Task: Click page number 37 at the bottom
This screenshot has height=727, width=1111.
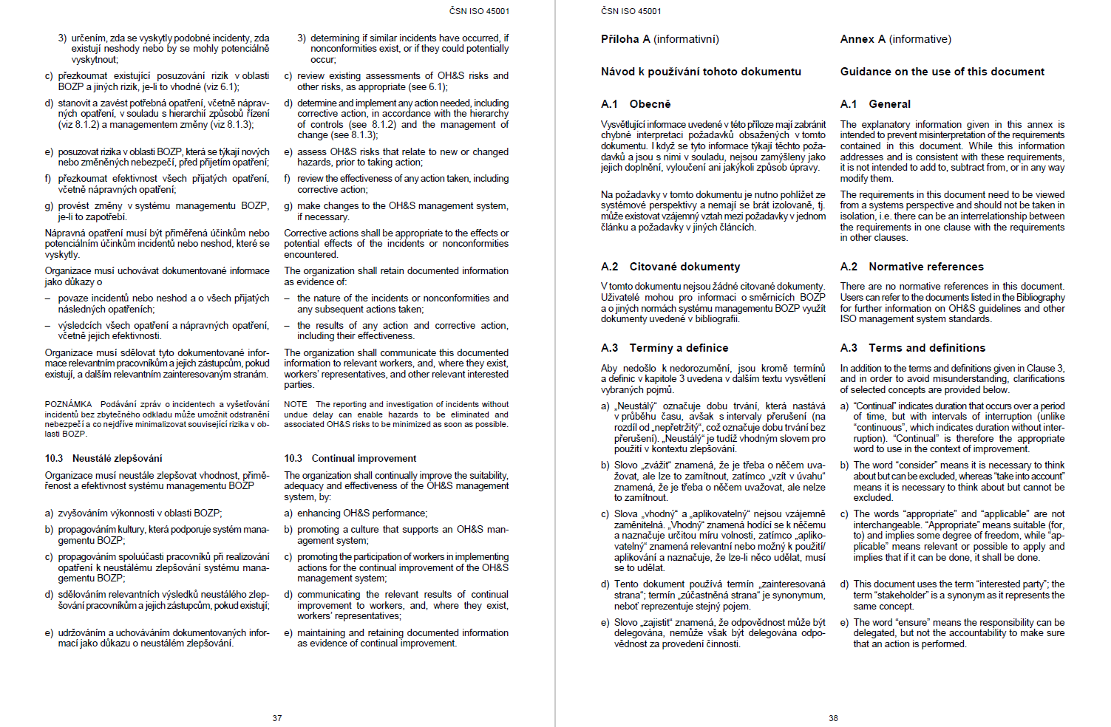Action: pyautogui.click(x=277, y=718)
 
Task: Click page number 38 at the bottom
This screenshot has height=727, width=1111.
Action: pyautogui.click(x=833, y=718)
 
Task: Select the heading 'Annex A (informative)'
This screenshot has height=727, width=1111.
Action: pyautogui.click(x=895, y=39)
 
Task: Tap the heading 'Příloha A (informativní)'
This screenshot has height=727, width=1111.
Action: pyautogui.click(x=659, y=39)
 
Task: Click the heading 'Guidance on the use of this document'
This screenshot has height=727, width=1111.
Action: pyautogui.click(x=942, y=72)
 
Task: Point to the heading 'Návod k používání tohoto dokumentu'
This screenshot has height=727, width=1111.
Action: pyautogui.click(x=701, y=72)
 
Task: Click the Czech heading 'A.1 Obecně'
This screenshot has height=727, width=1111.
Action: pyautogui.click(x=636, y=104)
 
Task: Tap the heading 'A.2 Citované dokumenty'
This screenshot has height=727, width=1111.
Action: pyautogui.click(x=670, y=267)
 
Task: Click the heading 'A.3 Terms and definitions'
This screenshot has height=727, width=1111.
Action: pyautogui.click(x=912, y=348)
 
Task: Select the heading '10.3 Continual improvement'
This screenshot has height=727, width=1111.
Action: pyautogui.click(x=350, y=459)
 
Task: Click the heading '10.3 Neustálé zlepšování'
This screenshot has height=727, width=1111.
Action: pyautogui.click(x=103, y=459)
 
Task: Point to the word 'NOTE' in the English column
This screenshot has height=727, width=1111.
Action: pyautogui.click(x=296, y=404)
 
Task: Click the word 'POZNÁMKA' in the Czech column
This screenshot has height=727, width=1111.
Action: pyautogui.click(x=68, y=404)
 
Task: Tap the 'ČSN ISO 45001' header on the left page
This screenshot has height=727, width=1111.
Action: pyautogui.click(x=479, y=11)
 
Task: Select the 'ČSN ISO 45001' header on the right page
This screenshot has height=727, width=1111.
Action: pyautogui.click(x=631, y=11)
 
